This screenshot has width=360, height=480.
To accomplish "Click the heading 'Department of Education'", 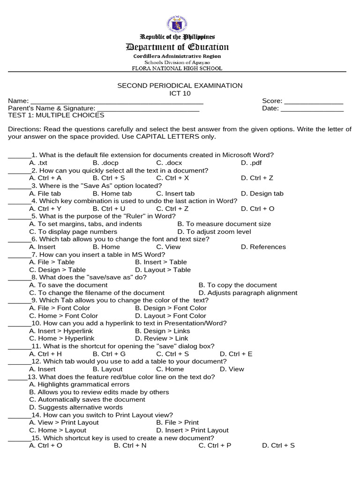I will pos(177,47).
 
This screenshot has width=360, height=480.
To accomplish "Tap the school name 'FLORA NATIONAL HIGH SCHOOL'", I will pos(177,68).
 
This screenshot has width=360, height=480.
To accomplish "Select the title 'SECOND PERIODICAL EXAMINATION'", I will pos(180,85).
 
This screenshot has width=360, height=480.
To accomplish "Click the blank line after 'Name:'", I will pos(117,101).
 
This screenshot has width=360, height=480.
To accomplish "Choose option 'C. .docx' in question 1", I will pos(169,163).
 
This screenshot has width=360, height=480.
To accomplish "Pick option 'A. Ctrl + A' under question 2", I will pos(45,178).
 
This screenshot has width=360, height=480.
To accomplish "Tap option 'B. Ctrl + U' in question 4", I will pos(109,209).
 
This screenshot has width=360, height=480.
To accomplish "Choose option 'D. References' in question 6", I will pos(263,247).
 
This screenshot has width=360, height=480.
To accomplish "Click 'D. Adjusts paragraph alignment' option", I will pos(248,293).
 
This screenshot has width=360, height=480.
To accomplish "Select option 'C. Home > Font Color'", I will pos(63,316).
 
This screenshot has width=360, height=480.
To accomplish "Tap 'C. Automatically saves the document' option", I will pos(87,400).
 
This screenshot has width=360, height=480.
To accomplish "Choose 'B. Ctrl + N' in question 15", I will pos(130,445).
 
